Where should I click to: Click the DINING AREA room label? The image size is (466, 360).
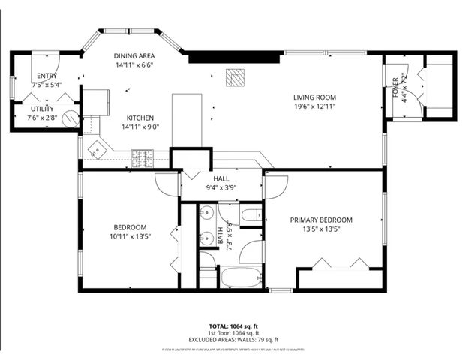(134, 56)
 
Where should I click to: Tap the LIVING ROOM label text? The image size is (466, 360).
(314, 97)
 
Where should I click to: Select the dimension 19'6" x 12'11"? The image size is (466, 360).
(314, 107)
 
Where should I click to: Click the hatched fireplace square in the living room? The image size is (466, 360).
(236, 77)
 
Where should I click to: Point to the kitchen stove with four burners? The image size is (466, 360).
(143, 157)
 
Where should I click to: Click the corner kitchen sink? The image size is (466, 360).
(97, 147)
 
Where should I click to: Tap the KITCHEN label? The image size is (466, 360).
(140, 118)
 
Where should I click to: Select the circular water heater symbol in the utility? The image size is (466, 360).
(71, 118)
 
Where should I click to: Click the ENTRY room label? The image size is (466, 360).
(47, 76)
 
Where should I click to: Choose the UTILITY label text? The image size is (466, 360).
(42, 109)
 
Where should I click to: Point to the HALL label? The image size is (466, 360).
(221, 179)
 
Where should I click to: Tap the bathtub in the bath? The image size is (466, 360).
(240, 277)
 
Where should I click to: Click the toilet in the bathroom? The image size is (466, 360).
(250, 216)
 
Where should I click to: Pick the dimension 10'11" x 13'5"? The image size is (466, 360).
(131, 236)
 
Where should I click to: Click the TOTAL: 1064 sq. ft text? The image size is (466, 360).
(233, 326)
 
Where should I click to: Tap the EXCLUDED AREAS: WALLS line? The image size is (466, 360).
(233, 340)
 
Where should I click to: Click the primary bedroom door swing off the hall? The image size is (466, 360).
(275, 185)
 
